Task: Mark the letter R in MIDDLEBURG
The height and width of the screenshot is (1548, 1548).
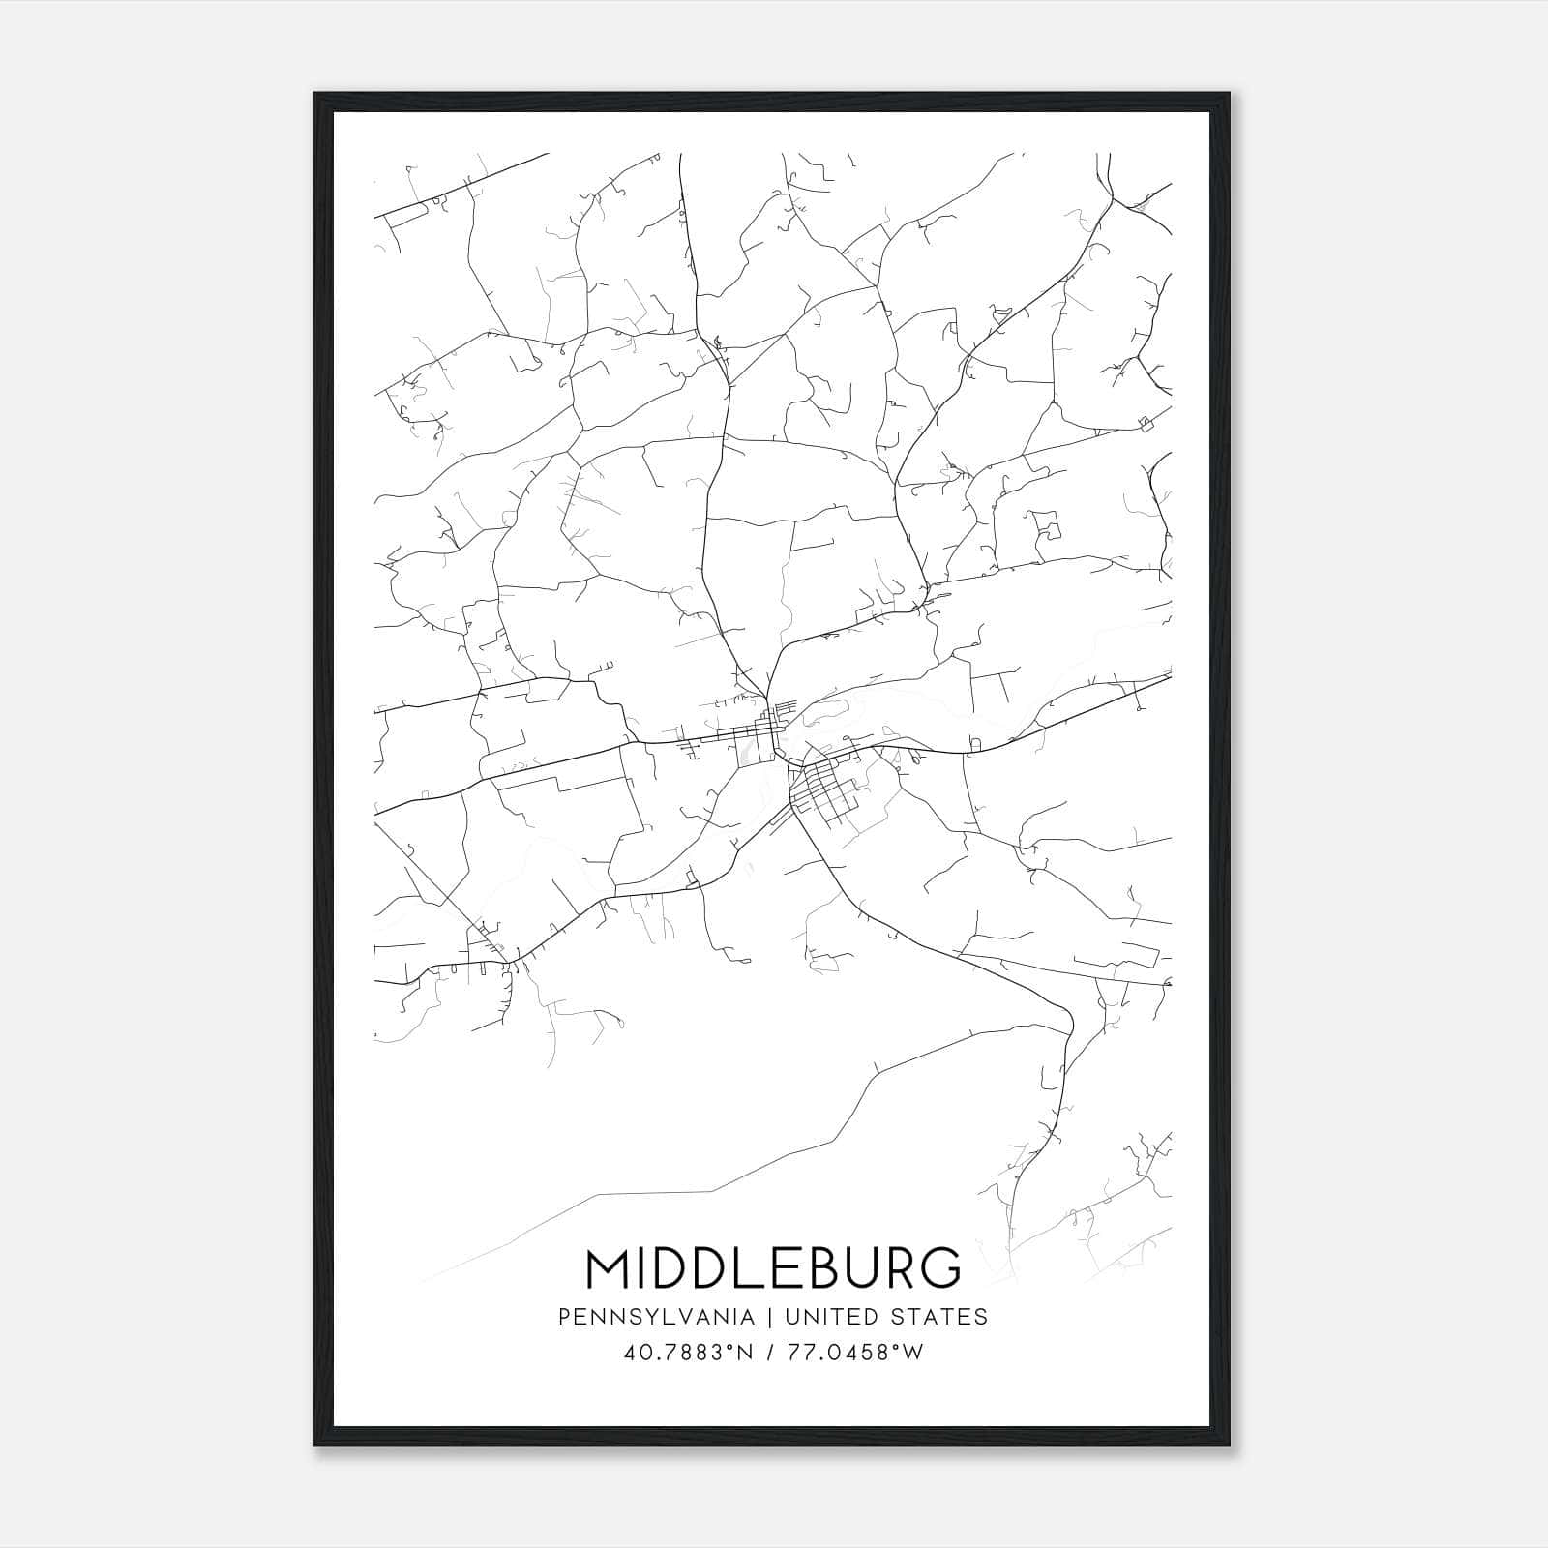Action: [891, 1268]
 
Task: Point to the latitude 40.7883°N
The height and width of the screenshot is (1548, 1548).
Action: [686, 1353]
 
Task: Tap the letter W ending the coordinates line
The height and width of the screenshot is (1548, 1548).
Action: [914, 1353]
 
